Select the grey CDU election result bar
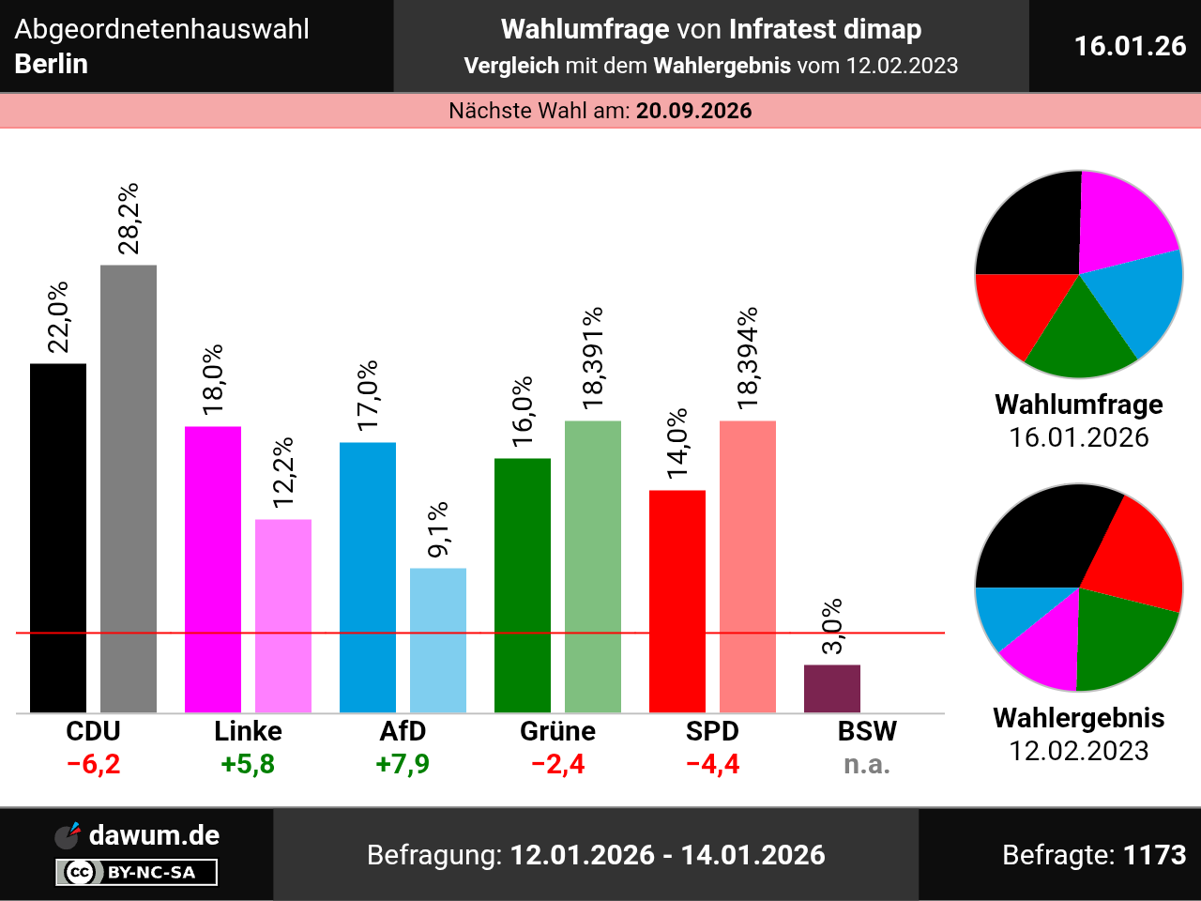coord(129,488)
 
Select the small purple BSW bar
coord(832,688)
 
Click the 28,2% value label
coord(129,219)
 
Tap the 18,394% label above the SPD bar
coord(748,359)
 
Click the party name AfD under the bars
coord(403,731)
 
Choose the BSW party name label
coord(867,731)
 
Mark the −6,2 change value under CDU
coord(94,764)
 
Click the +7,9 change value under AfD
coord(403,764)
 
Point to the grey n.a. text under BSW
coord(867,764)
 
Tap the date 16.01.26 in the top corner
coord(1130,46)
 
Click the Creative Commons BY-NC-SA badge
coord(137,872)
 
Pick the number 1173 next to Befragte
coord(1154,855)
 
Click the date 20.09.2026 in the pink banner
coord(694,111)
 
